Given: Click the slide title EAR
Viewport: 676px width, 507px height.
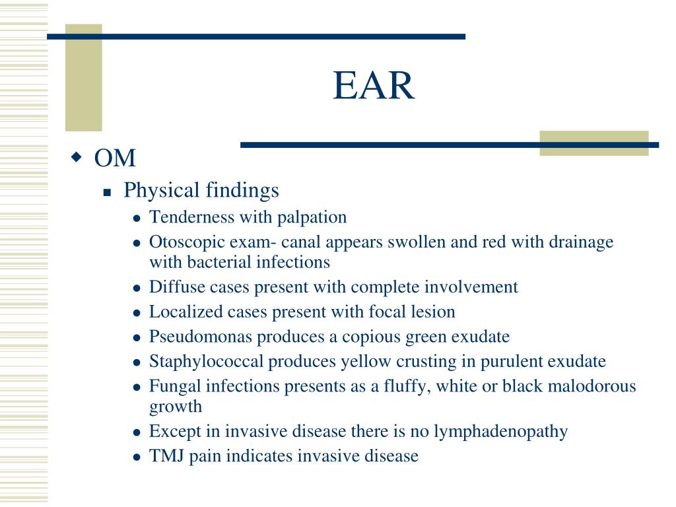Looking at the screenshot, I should pyautogui.click(x=374, y=86).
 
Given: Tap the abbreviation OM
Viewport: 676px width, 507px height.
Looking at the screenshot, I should pyautogui.click(x=115, y=158).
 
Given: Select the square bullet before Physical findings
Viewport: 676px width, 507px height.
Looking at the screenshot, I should pyautogui.click(x=108, y=193).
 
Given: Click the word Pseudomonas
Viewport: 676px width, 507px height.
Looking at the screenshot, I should pyautogui.click(x=201, y=337).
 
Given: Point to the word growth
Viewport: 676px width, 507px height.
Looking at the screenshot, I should pyautogui.click(x=175, y=407).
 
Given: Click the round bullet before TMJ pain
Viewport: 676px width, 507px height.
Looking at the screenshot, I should pyautogui.click(x=137, y=457).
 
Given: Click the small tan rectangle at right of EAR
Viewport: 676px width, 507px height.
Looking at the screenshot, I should pyautogui.click(x=593, y=143).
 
